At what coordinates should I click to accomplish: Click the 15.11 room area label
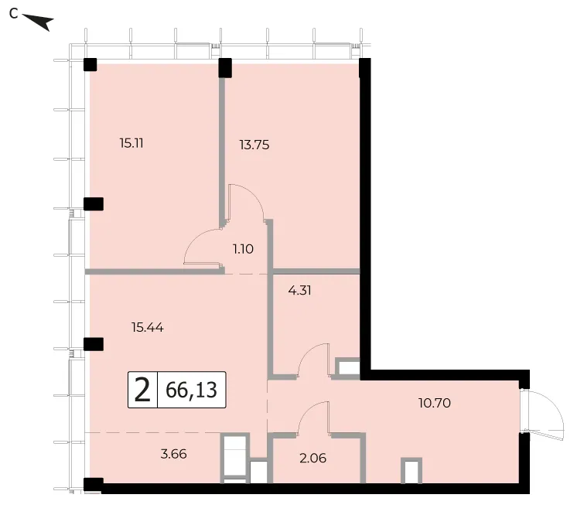131,143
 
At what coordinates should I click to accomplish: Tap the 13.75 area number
254,145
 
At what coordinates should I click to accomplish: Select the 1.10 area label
243,249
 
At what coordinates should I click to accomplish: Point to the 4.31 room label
299,290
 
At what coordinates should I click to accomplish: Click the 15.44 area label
148,327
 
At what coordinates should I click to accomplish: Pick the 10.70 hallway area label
435,403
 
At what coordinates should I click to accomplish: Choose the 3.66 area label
174,454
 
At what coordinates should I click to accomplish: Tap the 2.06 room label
312,458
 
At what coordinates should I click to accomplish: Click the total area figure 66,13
191,390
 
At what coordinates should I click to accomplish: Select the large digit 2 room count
142,390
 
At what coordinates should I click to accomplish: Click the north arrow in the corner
38,22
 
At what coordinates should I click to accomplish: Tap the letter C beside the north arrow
14,14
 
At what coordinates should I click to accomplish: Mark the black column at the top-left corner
90,64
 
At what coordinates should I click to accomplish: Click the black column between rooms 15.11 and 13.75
225,68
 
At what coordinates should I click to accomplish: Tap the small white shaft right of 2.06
411,470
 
